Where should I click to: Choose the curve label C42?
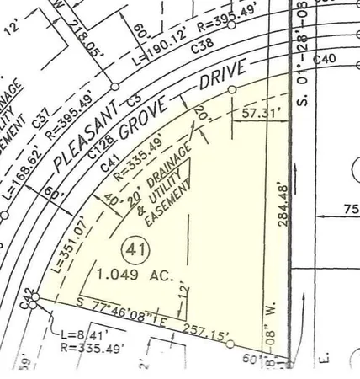tap(27, 296)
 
